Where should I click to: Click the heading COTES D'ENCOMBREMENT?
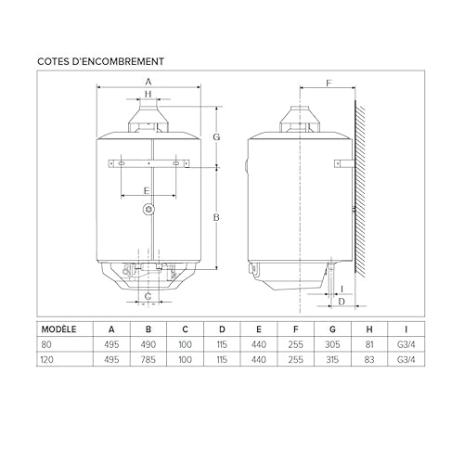tap(102, 61)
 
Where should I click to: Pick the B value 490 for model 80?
tap(148, 343)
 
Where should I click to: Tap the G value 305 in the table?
tap(332, 343)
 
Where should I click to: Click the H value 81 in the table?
tap(369, 343)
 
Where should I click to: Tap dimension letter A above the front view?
tap(147, 83)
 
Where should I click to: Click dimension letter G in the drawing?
tap(215, 136)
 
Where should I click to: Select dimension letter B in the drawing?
tap(215, 217)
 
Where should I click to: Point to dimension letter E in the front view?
tap(146, 189)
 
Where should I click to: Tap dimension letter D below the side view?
tap(342, 302)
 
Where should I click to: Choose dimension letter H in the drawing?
tap(147, 95)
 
